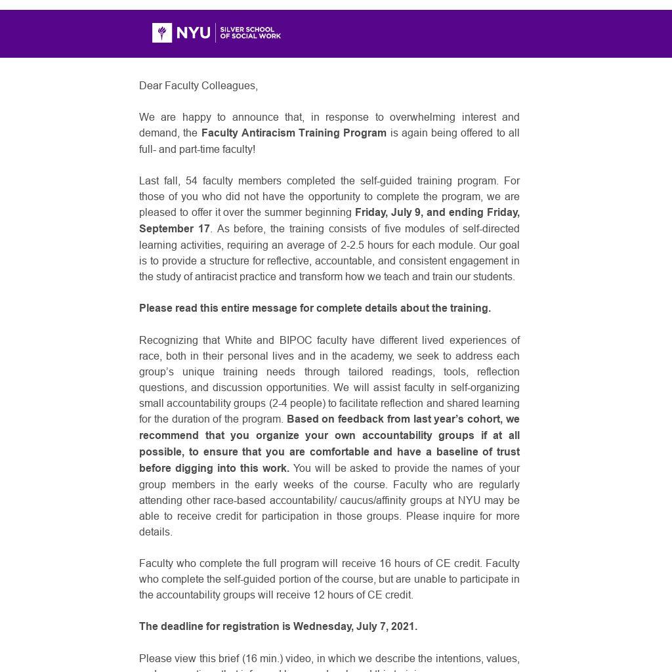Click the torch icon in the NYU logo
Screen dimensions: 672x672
[x=162, y=33]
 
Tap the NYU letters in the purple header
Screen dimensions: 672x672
[x=194, y=33]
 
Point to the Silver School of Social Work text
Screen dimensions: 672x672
[x=250, y=33]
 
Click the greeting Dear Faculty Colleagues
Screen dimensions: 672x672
[x=198, y=86]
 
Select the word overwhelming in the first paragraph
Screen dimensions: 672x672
[x=423, y=117]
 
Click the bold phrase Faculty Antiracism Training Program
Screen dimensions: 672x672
[x=293, y=133]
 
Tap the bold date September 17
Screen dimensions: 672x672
[x=174, y=229]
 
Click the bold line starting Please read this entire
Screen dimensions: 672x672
[x=314, y=308]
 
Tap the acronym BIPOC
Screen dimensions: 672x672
[x=295, y=341]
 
